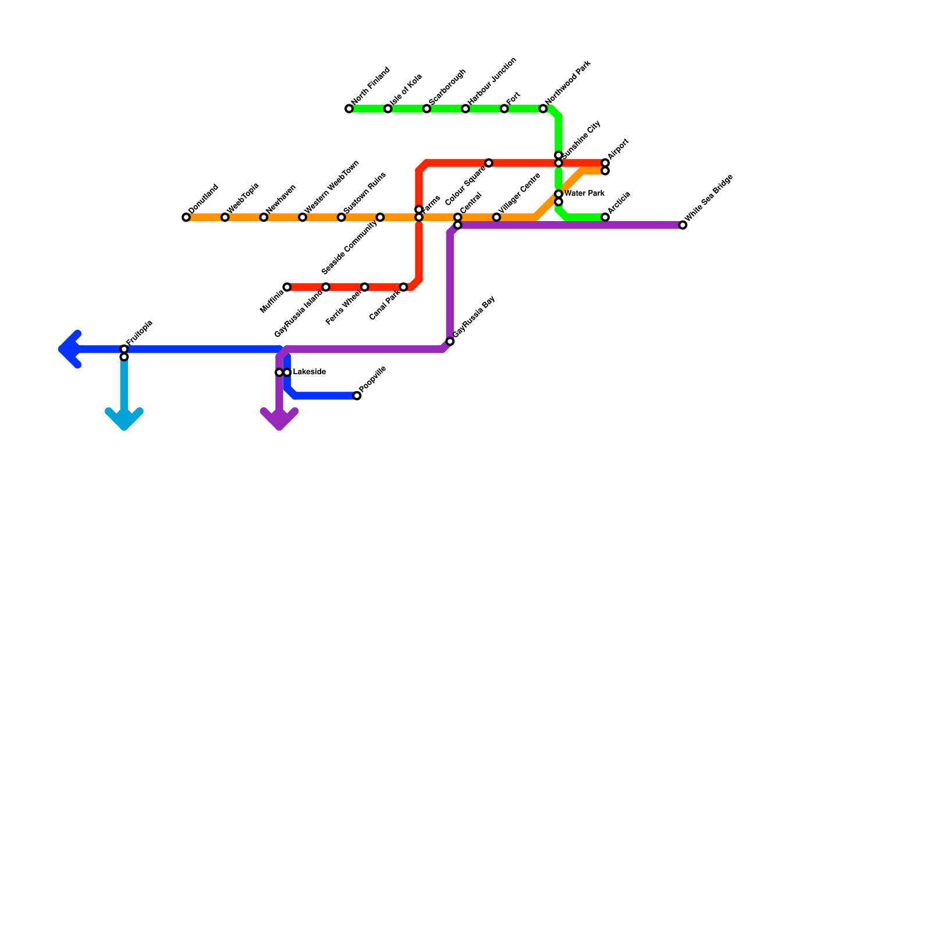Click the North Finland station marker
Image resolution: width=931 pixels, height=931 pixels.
pyautogui.click(x=349, y=109)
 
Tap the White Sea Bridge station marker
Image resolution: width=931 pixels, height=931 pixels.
pyautogui.click(x=683, y=225)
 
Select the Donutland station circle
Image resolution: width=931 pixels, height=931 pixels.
pyautogui.click(x=186, y=218)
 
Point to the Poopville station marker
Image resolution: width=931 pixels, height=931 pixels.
pyautogui.click(x=357, y=396)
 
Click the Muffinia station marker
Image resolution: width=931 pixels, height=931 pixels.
pyautogui.click(x=287, y=287)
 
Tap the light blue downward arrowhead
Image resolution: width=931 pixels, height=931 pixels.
pyautogui.click(x=124, y=420)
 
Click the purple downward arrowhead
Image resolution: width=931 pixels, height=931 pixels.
pyautogui.click(x=279, y=420)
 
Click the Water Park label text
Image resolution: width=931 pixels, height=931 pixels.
pyautogui.click(x=584, y=194)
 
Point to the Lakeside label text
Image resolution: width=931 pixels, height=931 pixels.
pyautogui.click(x=309, y=372)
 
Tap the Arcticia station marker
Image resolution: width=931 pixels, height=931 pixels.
pyautogui.click(x=605, y=218)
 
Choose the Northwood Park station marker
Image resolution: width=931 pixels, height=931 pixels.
pyautogui.click(x=543, y=109)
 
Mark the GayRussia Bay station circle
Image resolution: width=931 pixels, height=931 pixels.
pyautogui.click(x=450, y=342)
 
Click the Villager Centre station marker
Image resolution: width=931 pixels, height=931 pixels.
pyautogui.click(x=496, y=218)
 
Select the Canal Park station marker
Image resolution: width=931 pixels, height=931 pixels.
pyautogui.click(x=403, y=287)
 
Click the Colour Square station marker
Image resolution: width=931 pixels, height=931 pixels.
pyautogui.click(x=489, y=163)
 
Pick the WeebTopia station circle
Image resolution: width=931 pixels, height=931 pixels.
pyautogui.click(x=225, y=218)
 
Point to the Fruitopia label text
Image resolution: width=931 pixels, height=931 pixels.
pyautogui.click(x=139, y=332)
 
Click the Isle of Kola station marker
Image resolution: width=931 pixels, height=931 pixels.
pyautogui.click(x=388, y=109)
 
